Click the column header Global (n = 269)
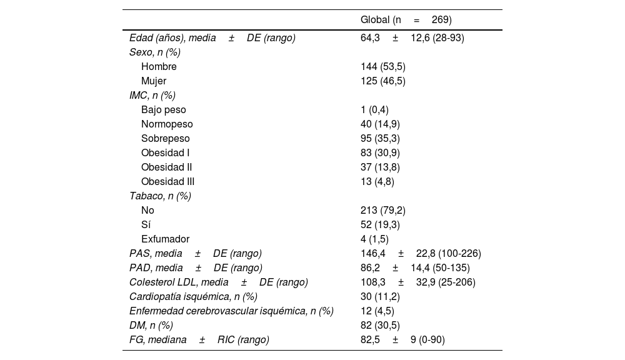click(x=406, y=20)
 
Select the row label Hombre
click(x=159, y=67)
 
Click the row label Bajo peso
click(x=164, y=110)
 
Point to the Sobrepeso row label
click(x=166, y=139)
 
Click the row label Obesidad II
click(x=166, y=167)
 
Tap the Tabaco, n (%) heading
click(x=160, y=196)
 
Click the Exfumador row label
click(x=165, y=239)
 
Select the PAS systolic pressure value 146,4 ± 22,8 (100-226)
click(x=421, y=254)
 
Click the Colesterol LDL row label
click(x=218, y=282)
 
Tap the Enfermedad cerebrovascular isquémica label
click(x=231, y=311)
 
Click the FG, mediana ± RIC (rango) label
click(x=199, y=340)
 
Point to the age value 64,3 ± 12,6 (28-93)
click(x=412, y=38)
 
